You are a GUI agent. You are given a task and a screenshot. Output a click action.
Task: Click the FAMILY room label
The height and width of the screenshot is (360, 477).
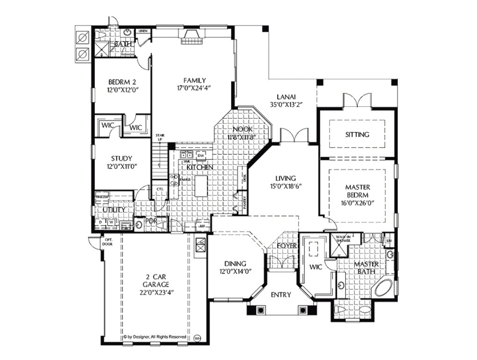point(195,80)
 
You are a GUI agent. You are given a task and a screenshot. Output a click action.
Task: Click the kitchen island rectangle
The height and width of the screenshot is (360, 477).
point(201,186)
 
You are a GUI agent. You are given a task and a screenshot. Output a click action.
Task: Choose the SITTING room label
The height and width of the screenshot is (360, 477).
point(357,135)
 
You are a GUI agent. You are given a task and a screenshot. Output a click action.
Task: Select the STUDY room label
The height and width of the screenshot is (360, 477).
point(121,158)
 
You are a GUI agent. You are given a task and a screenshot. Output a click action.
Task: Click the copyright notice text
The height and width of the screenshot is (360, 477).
point(155,337)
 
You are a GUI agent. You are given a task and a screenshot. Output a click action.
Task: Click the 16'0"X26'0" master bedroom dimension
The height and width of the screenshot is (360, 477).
point(357,204)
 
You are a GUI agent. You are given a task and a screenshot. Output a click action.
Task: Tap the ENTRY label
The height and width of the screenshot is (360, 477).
point(281,295)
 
